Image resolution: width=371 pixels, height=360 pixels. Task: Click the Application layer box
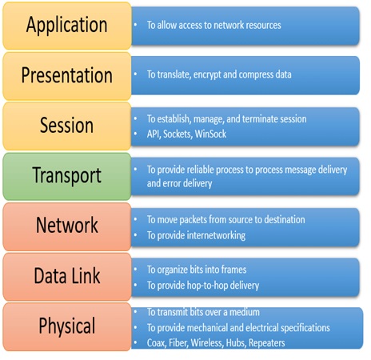67,26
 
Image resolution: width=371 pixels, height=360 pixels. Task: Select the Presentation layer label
67,75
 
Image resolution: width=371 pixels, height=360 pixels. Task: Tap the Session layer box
67,126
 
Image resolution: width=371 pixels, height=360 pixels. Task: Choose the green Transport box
67,176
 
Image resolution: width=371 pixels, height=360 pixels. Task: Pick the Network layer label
67,225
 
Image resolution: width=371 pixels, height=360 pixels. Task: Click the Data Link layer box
67,277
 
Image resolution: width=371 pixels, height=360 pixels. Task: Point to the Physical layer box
67,326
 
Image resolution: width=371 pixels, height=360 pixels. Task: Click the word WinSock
210,134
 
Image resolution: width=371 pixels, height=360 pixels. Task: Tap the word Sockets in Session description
178,134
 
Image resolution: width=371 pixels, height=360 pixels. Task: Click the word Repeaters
267,343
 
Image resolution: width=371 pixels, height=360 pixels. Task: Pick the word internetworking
216,235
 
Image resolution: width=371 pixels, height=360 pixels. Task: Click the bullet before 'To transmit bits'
136,312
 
